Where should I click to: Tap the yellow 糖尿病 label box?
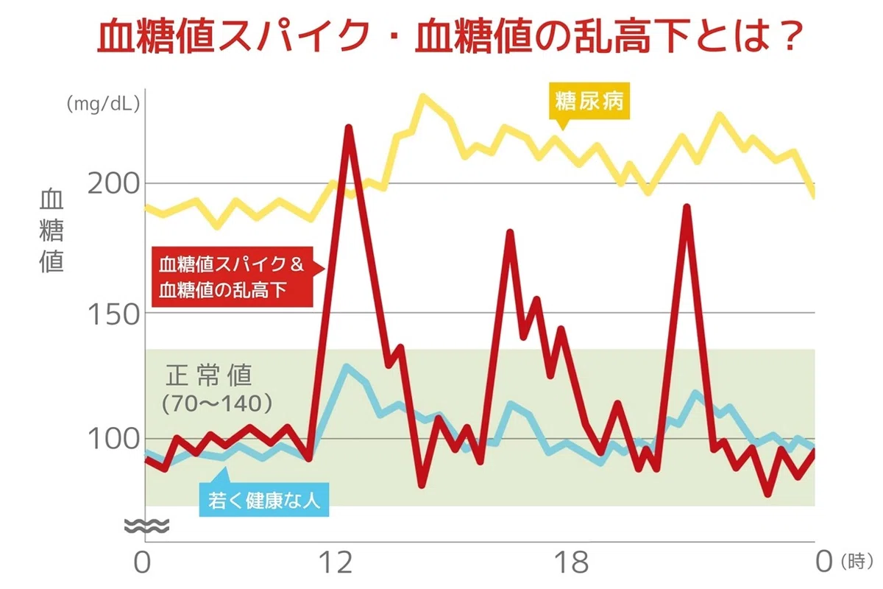[x=589, y=102]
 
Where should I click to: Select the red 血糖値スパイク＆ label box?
[x=233, y=277]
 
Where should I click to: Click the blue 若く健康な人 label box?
[x=264, y=498]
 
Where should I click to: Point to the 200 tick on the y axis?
[x=113, y=184]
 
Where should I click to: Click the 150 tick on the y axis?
[x=113, y=315]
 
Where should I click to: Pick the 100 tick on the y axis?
[x=113, y=439]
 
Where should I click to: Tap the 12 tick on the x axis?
[x=336, y=562]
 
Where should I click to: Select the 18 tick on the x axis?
[x=572, y=562]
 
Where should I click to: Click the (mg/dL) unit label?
[x=103, y=104]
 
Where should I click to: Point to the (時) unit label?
[x=857, y=561]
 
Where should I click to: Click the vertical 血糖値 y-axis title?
[x=52, y=231]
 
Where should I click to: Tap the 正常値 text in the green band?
[x=209, y=375]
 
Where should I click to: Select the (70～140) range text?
[x=217, y=403]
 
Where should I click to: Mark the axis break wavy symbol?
[x=146, y=526]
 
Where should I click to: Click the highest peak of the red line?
[x=349, y=128]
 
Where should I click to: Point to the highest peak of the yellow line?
[x=422, y=96]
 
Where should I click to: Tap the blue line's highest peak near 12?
[x=346, y=367]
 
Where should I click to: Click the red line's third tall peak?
[x=687, y=208]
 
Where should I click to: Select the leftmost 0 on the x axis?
[x=142, y=562]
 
